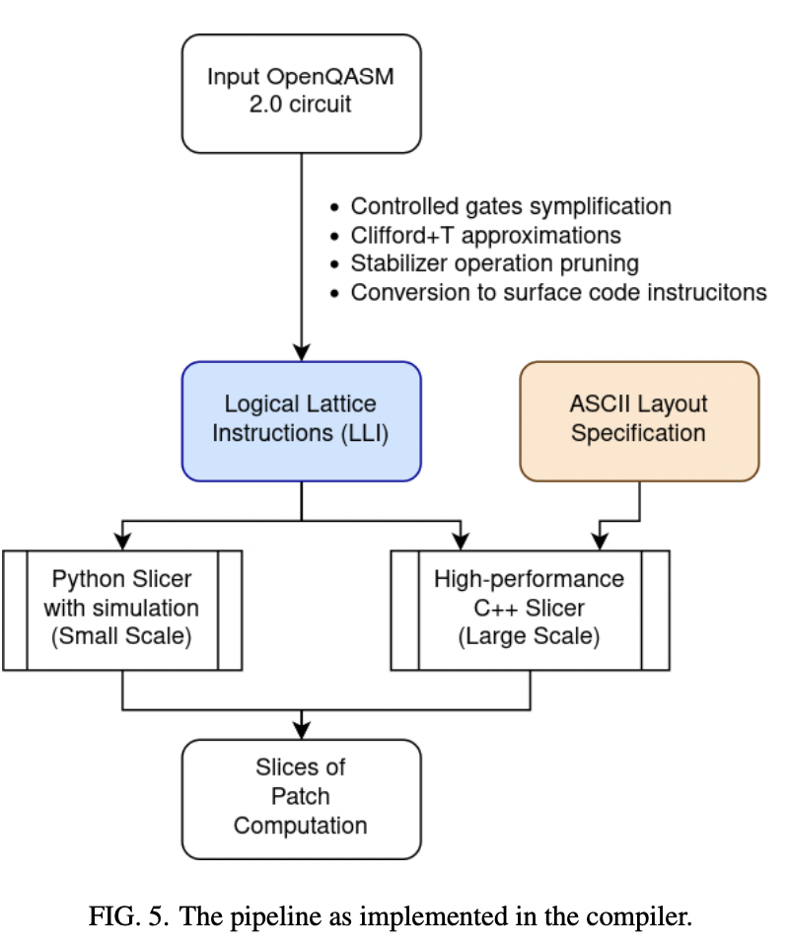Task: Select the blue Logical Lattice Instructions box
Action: point(301,419)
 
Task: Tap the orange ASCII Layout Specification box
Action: point(639,419)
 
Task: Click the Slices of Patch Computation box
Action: point(301,797)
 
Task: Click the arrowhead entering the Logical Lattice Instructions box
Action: point(301,352)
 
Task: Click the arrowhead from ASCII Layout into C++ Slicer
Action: point(599,541)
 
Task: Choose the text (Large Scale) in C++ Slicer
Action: point(530,636)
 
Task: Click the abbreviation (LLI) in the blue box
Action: point(360,433)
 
